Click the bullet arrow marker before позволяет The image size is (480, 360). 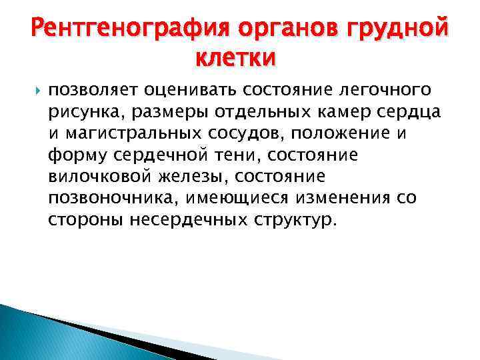pos(35,89)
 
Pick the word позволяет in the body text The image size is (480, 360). pos(87,89)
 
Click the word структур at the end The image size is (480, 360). pos(293,219)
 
